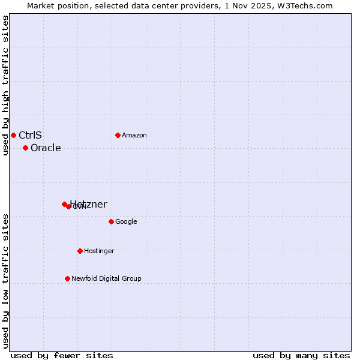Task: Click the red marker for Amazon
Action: pyautogui.click(x=118, y=135)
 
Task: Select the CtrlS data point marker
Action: pyautogui.click(x=13, y=135)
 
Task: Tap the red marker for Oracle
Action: pyautogui.click(x=25, y=148)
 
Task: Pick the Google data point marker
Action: pyautogui.click(x=111, y=221)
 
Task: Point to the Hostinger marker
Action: pyautogui.click(x=80, y=251)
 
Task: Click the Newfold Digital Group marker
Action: pyautogui.click(x=67, y=278)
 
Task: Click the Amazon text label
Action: pyautogui.click(x=134, y=136)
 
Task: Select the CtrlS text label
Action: pyautogui.click(x=30, y=135)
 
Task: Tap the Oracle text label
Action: pyautogui.click(x=46, y=148)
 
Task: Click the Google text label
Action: pyautogui.click(x=126, y=222)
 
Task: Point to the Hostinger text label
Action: pyautogui.click(x=99, y=251)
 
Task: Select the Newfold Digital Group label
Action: pyautogui.click(x=106, y=279)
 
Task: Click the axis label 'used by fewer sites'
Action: pyautogui.click(x=62, y=355)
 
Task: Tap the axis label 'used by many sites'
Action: pyautogui.click(x=301, y=355)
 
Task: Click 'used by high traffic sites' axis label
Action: pyautogui.click(x=5, y=85)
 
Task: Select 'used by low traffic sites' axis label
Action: pyautogui.click(x=5, y=281)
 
